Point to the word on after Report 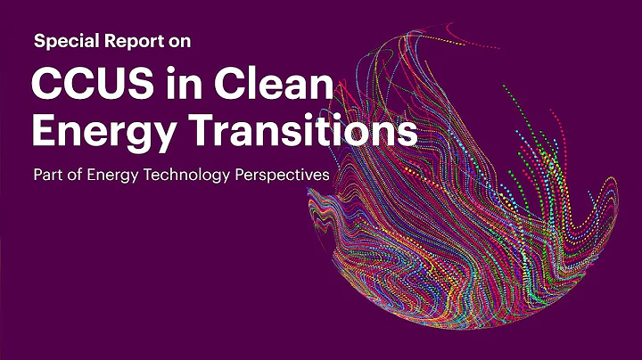[177, 41]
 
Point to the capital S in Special [38, 41]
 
